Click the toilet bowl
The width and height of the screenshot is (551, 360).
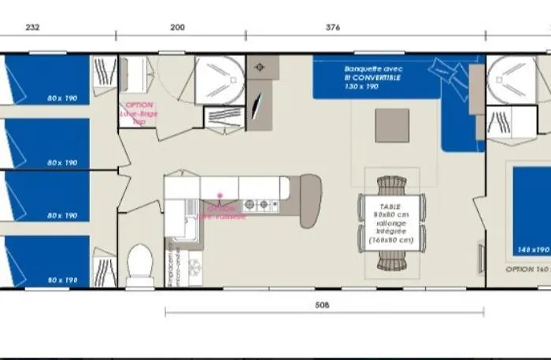coord(140,259)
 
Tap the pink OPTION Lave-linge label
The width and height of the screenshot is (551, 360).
coord(138,113)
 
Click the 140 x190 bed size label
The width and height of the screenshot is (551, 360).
coord(533,249)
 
